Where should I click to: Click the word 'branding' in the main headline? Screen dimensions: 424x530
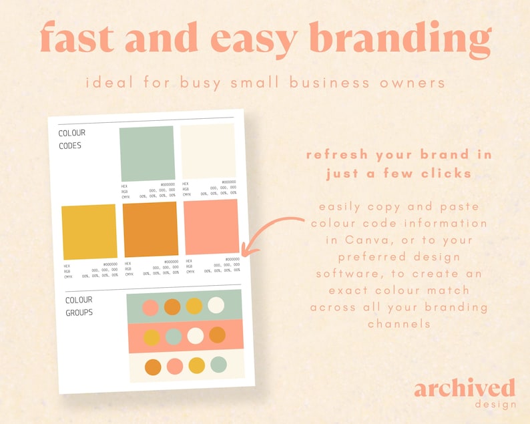pos(401,39)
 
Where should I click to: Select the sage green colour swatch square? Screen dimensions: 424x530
pos(147,153)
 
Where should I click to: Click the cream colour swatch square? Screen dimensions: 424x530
pos(208,151)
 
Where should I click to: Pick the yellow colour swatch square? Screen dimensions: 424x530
pos(89,232)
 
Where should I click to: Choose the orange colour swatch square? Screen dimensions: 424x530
pos(151,229)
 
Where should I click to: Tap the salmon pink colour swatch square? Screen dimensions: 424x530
pos(211,227)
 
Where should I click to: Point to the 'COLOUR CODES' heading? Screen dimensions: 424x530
pos(72,139)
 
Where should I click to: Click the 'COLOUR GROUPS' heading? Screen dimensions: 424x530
pos(79,306)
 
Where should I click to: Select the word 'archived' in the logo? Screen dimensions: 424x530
pos(464,389)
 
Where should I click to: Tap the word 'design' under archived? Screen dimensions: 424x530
pos(495,404)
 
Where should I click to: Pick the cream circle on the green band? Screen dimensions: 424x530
pos(216,305)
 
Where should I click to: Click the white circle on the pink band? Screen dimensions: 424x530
pos(195,335)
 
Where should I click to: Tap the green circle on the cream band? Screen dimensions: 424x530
pos(218,365)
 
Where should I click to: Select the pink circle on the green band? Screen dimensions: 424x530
pos(150,308)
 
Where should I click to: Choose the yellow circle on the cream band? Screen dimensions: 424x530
pos(196,366)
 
